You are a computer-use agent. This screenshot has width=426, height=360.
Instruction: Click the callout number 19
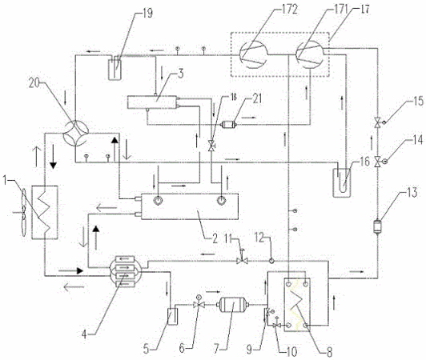click(x=147, y=13)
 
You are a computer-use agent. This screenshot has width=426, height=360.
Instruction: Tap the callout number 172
click(x=289, y=10)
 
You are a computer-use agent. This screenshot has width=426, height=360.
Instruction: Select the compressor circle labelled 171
click(x=309, y=55)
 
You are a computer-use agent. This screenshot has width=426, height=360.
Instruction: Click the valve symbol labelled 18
click(x=211, y=146)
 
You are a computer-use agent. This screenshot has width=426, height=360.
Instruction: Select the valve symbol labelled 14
click(x=377, y=162)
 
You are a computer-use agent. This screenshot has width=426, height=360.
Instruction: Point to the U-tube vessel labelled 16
click(x=341, y=182)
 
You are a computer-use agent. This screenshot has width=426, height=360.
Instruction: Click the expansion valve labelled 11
click(x=242, y=261)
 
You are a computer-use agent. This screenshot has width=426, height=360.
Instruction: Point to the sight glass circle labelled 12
click(x=271, y=261)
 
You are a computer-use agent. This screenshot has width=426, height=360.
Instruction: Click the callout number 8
click(x=329, y=352)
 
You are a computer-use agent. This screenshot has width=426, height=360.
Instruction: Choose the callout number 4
click(x=84, y=334)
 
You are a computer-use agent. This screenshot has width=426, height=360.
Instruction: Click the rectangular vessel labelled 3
click(x=151, y=102)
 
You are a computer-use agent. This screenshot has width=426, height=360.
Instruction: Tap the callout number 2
click(x=215, y=239)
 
